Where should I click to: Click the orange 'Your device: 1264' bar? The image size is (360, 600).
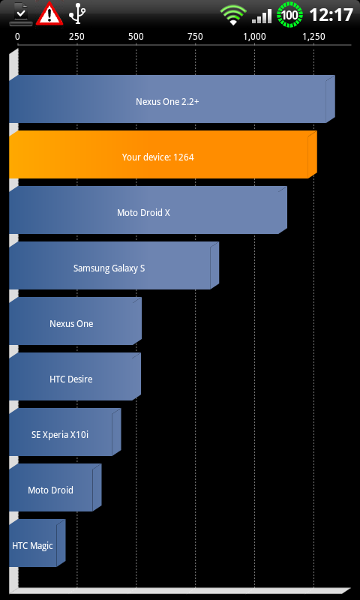(163, 154)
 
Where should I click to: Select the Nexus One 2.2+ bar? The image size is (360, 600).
(172, 99)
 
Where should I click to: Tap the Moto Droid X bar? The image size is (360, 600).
(148, 210)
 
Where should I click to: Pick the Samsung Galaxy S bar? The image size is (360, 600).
(114, 265)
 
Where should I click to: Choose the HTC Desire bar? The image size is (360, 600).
(75, 376)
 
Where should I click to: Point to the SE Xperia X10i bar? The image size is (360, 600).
(65, 432)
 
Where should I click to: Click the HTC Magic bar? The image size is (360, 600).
(37, 543)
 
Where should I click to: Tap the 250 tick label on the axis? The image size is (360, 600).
(77, 37)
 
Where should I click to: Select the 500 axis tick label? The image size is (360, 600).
(136, 37)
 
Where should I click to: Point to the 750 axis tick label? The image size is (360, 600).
(195, 37)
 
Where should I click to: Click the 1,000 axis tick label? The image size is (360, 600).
(254, 37)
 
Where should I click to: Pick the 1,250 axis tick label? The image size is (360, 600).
(313, 37)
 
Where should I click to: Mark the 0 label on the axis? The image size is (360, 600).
(17, 37)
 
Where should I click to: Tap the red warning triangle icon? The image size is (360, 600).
(49, 13)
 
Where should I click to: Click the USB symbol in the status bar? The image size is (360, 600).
(77, 14)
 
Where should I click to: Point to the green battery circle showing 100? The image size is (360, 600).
(289, 15)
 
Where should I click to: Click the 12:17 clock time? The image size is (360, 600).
(331, 15)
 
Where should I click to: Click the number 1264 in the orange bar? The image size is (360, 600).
(184, 157)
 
